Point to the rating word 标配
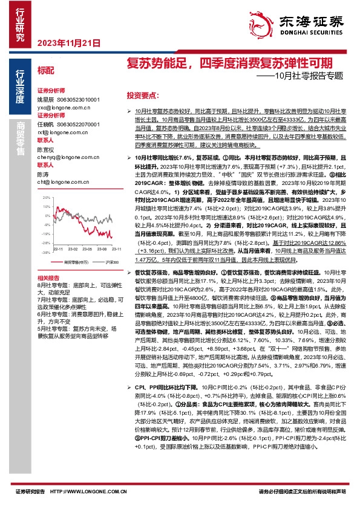pyautogui.click(x=45, y=70)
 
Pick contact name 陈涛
pyautogui.click(x=42, y=173)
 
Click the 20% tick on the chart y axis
pyautogui.click(x=45, y=198)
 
